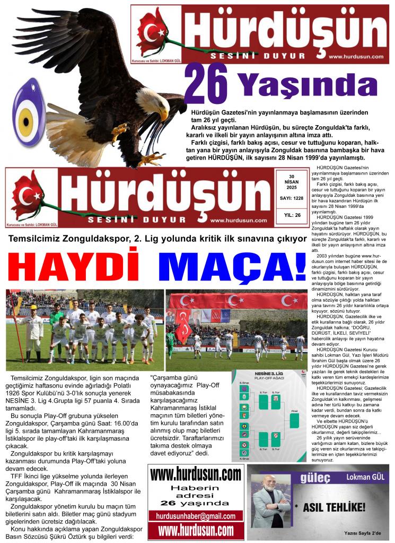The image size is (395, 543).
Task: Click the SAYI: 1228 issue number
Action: (291, 198)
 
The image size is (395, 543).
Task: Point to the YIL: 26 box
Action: (291, 215)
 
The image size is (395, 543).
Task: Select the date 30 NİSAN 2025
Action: (291, 182)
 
